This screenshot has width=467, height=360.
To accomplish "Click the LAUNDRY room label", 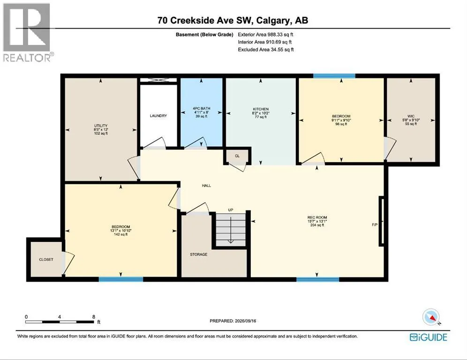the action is click(x=158, y=115).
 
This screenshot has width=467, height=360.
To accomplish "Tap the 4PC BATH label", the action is click(x=201, y=109).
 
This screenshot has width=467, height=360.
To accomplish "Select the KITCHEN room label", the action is click(x=261, y=109).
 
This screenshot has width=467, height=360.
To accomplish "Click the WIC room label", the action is click(x=411, y=116).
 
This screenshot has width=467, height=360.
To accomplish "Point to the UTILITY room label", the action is click(x=101, y=126).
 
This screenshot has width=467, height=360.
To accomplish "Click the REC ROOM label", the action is click(x=317, y=217).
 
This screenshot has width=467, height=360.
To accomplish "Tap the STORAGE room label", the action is click(x=199, y=255).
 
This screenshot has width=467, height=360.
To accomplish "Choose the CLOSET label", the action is click(x=46, y=260).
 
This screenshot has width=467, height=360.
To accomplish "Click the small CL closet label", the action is click(x=237, y=156).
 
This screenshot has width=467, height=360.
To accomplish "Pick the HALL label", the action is click(x=206, y=186).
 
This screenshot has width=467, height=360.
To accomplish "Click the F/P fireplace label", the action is click(x=375, y=225).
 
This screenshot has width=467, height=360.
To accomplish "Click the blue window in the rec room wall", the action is click(x=317, y=279).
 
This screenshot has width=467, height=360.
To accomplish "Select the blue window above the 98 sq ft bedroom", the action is click(x=334, y=76).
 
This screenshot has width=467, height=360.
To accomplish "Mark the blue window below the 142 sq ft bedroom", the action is click(x=121, y=279).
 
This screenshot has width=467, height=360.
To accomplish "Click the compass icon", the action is click(x=431, y=316).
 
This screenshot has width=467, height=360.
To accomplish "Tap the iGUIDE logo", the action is click(x=429, y=337).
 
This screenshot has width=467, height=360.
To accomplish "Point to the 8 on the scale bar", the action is click(x=93, y=317).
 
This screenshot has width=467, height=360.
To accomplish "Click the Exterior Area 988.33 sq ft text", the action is click(x=265, y=35).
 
